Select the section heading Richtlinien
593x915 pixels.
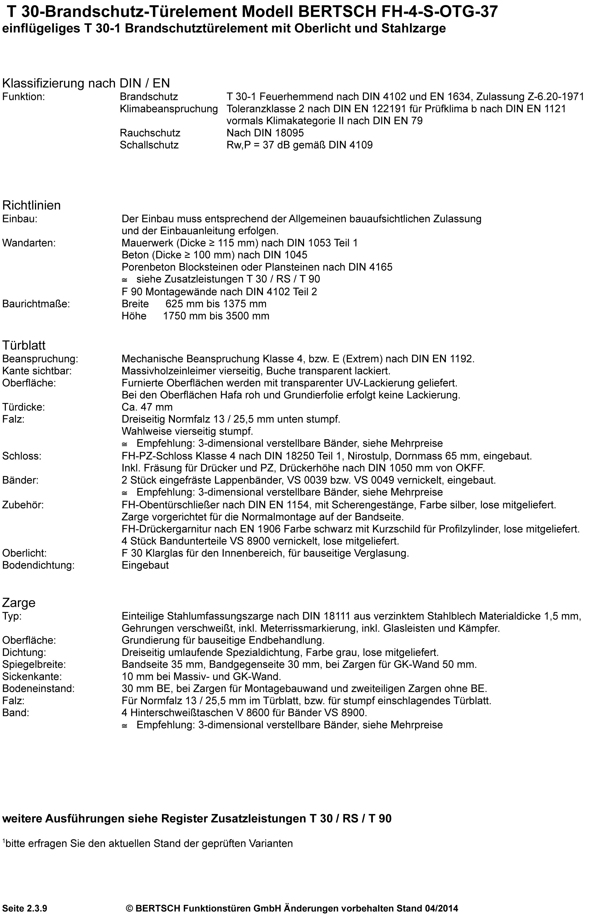32,205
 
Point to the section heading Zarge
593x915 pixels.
19,602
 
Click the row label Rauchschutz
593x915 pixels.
150,133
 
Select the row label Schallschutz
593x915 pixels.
149,145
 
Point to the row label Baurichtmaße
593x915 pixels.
36,304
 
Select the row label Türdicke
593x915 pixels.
23,407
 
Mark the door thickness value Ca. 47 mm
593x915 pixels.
147,407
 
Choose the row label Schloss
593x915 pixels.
22,456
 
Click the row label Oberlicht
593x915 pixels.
24,553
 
